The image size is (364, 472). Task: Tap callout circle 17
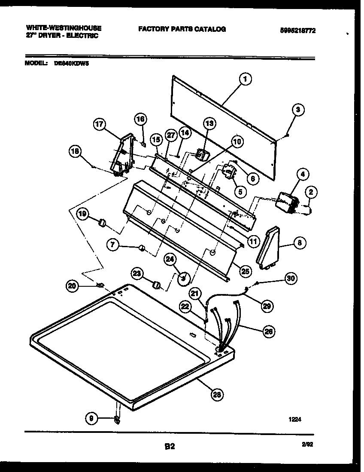(x=99, y=125)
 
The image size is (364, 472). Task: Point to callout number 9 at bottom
(x=91, y=417)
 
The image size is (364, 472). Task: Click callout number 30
(x=291, y=279)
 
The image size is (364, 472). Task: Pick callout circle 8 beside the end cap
(x=299, y=243)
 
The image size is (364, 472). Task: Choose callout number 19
(x=83, y=213)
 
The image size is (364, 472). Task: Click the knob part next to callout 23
(x=158, y=285)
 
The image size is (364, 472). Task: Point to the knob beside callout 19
(x=103, y=222)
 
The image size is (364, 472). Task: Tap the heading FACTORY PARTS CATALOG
(x=182, y=29)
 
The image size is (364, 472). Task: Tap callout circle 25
(x=246, y=271)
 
